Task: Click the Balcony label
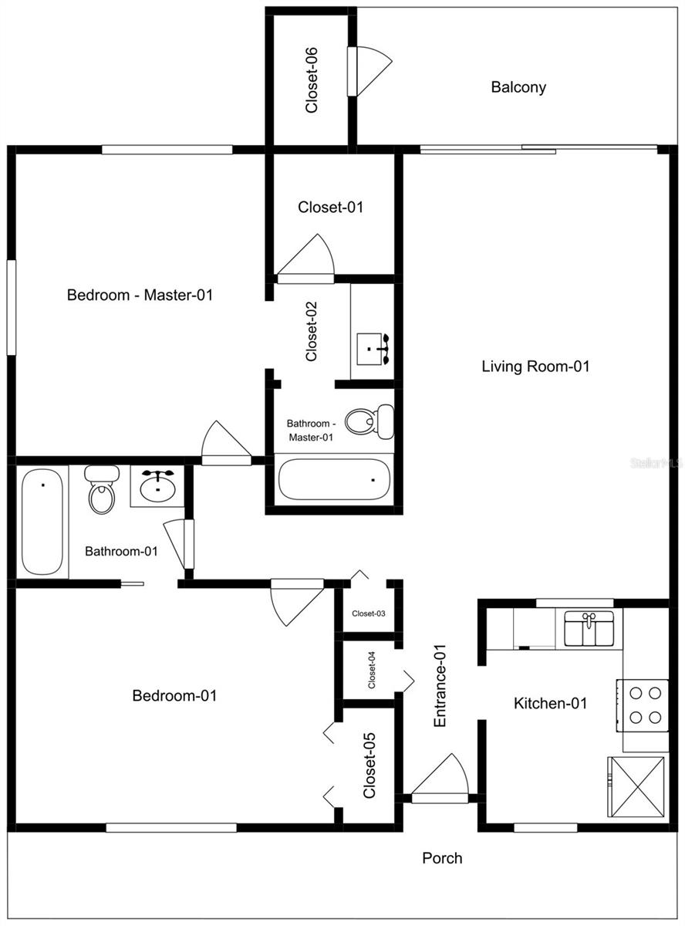(518, 87)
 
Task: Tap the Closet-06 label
(312, 80)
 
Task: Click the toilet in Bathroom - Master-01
(368, 421)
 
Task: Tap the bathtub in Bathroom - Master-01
(334, 479)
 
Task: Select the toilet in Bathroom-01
(100, 491)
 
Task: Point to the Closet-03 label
(368, 614)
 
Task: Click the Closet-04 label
(371, 670)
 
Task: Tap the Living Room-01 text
(535, 367)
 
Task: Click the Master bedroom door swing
(224, 444)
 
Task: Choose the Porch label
(442, 858)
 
